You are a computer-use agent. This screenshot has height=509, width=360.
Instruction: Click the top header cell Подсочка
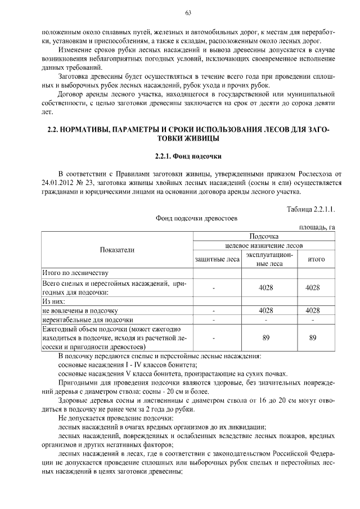coord(264,236)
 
